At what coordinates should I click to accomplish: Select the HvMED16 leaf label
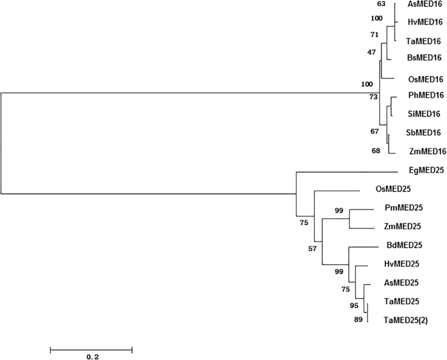coord(423,22)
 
